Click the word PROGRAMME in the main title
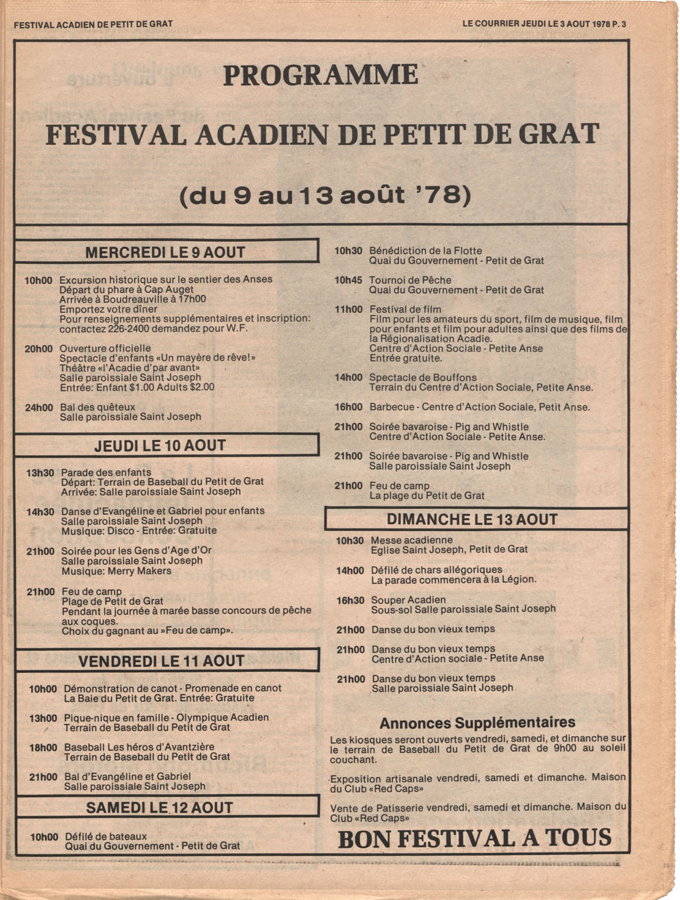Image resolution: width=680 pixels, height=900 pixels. [321, 75]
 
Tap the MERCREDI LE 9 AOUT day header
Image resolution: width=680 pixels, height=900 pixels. [165, 252]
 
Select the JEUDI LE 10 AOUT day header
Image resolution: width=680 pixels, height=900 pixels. [160, 445]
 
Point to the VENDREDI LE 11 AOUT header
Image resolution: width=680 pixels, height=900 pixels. [162, 661]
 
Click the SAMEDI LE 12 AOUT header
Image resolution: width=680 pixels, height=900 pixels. [160, 808]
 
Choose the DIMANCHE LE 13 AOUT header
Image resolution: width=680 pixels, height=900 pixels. [473, 519]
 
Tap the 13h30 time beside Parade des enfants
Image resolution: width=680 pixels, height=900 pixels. [40, 473]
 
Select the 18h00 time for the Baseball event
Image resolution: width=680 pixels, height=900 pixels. [43, 748]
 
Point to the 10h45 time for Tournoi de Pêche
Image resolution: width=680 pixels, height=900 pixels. [348, 280]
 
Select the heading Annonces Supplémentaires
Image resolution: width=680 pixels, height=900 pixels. [477, 723]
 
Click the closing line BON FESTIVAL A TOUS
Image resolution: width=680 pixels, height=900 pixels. [475, 838]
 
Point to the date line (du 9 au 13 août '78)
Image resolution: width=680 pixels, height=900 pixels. [325, 196]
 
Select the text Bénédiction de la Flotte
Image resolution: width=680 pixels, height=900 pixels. [425, 251]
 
